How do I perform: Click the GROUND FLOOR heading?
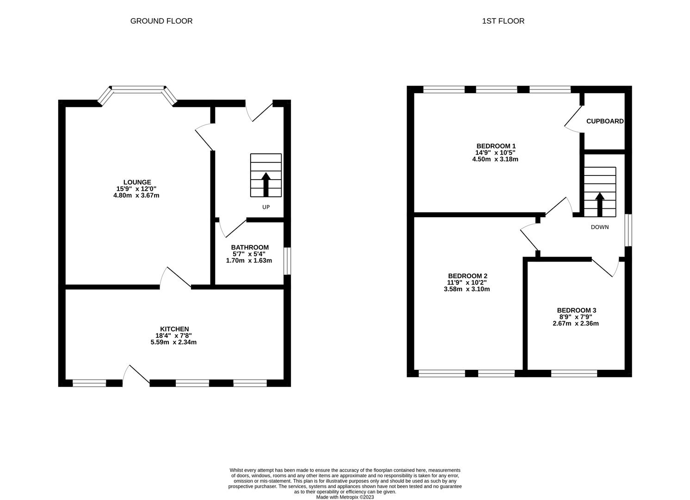click(161, 21)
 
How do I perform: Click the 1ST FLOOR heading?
click(503, 21)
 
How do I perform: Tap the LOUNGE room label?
click(137, 182)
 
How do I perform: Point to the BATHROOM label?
click(250, 247)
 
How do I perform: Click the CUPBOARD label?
click(605, 121)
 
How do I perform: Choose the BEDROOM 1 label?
click(496, 146)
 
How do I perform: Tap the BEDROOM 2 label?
click(467, 275)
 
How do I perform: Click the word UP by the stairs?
click(266, 207)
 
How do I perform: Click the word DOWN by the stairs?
click(600, 227)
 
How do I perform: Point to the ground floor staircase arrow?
click(266, 184)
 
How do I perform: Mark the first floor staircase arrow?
click(600, 204)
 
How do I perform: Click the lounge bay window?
click(137, 89)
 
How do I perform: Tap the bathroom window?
click(287, 261)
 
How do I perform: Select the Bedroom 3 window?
click(574, 373)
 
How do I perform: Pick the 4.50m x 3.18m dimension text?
click(495, 159)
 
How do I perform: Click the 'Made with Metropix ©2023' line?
click(345, 497)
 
